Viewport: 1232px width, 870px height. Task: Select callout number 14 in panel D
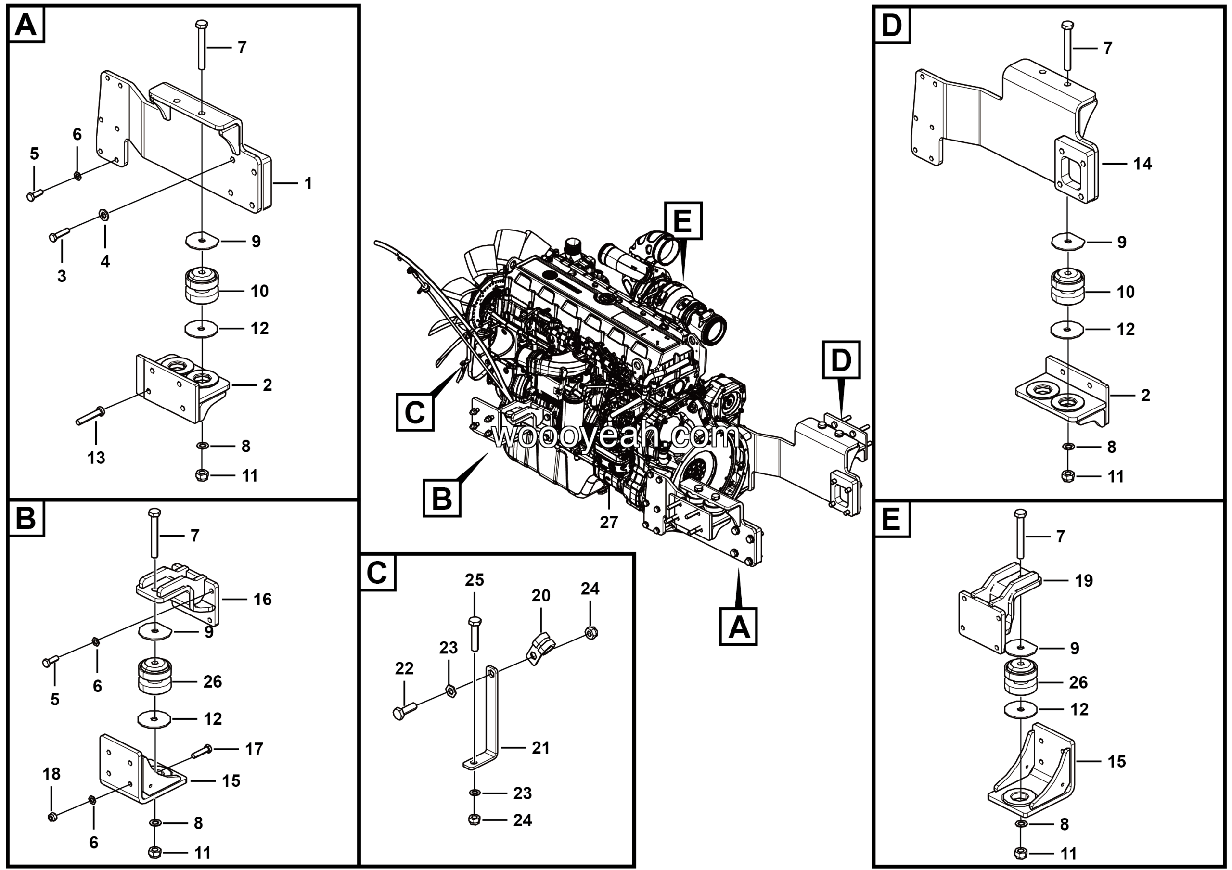pos(1142,164)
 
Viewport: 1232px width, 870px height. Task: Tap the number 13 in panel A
pos(96,458)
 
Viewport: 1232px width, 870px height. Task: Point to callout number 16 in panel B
pos(262,599)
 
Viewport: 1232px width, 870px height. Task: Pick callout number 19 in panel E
pos(1083,580)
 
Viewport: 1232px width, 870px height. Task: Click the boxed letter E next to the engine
pos(682,220)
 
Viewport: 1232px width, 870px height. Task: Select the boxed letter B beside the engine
pos(442,499)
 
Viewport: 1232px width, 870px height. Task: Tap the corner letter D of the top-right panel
pos(891,25)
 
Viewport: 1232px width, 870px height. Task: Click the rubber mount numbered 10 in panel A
pos(202,286)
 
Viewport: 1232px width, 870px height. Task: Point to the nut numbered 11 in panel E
pos(1021,853)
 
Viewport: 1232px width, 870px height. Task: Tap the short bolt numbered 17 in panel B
pos(202,752)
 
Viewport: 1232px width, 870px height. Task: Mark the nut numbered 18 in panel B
pos(52,817)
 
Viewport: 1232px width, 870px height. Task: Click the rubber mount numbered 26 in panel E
pos(1020,679)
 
